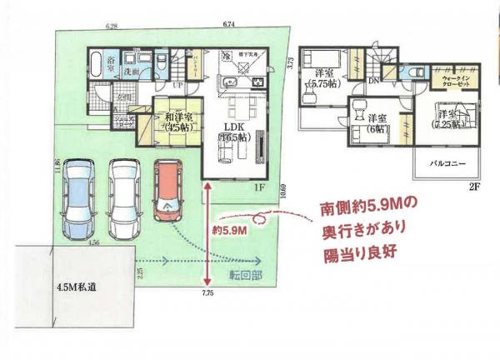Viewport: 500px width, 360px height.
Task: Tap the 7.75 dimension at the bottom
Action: pos(206,293)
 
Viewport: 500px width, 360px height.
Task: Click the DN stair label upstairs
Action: pos(375,82)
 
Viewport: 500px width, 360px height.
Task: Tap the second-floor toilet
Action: pos(410,72)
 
